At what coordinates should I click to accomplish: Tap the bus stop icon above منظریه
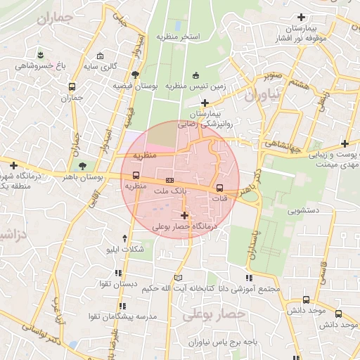click(x=136, y=176)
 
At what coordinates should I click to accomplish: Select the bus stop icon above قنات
click(x=219, y=188)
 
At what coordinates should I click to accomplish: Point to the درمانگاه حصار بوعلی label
click(x=184, y=227)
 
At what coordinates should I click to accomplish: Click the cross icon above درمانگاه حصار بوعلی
click(x=184, y=215)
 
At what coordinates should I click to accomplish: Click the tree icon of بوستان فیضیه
click(x=135, y=75)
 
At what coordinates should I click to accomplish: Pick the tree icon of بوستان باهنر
click(x=84, y=167)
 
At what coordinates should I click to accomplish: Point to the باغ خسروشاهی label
click(x=41, y=66)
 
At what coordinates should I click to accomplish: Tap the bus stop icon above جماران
click(x=72, y=87)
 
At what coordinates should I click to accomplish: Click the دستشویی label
click(x=304, y=210)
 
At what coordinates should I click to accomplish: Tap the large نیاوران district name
click(x=264, y=94)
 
